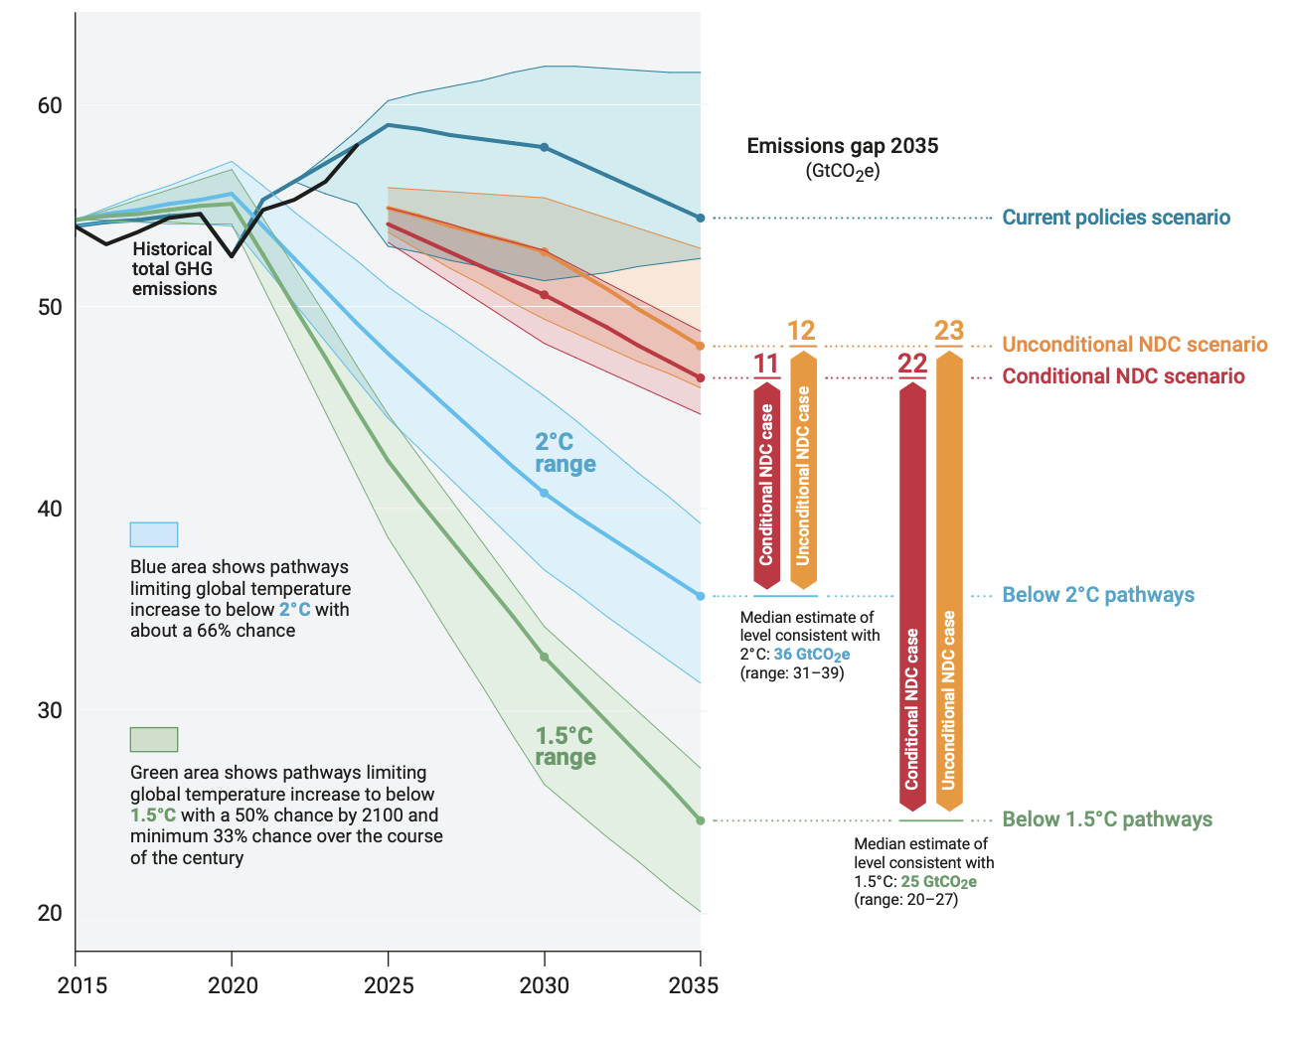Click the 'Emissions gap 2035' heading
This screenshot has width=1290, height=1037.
coord(842,146)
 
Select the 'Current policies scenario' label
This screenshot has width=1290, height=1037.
coord(1115,218)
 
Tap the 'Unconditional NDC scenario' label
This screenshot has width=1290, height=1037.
coord(1134,345)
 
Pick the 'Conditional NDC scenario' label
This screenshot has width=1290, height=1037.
coord(1123,376)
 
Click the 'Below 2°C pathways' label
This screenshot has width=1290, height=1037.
coord(1097,595)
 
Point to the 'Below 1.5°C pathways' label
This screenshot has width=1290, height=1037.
coord(1106,819)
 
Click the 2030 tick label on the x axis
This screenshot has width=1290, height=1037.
coord(544,985)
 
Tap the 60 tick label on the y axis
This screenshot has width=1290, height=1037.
coord(50,105)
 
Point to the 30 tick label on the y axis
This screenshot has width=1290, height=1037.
coord(50,710)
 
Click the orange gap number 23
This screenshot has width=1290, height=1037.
coord(949,331)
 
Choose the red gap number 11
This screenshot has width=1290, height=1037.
coord(766,364)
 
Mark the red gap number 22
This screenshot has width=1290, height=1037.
coord(912,364)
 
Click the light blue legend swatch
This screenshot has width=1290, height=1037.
coord(154,534)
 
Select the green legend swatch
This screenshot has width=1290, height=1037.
coord(154,740)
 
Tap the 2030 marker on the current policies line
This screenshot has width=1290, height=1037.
coord(544,147)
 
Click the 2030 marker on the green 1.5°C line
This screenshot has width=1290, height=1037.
coord(544,657)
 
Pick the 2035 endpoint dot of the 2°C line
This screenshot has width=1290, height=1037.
coord(701,596)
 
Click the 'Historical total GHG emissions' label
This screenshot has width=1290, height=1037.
coord(173,269)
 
